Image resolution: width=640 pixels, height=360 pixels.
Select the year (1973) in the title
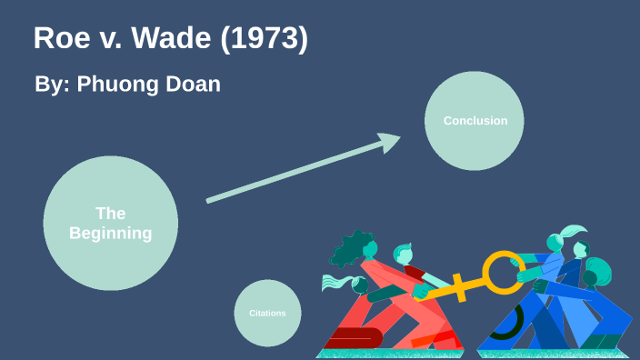coord(269,39)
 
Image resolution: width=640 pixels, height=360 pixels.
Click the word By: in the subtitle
coord(53,85)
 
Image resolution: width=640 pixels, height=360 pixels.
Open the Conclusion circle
coord(475,121)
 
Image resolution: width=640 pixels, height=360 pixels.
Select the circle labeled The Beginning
coord(111,223)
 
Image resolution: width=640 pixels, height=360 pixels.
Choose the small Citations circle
coord(267,313)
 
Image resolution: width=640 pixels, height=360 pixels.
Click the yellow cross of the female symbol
coord(459,290)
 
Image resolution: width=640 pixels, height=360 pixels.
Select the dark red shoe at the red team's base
coord(349,339)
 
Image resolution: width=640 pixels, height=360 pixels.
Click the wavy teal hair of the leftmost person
coord(334,283)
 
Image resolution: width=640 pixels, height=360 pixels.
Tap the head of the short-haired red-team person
coord(402,254)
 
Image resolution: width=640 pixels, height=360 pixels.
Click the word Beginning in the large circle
coord(111,233)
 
